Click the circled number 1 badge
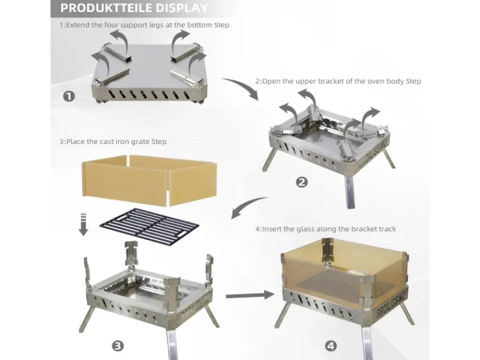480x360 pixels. [x=69, y=97]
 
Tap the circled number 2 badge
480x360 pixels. [x=302, y=182]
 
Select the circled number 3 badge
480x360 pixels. [x=118, y=346]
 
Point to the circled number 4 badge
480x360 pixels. [x=331, y=346]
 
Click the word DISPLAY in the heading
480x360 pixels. [x=181, y=8]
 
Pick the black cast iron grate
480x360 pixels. [x=149, y=227]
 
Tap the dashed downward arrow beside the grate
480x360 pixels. [x=83, y=224]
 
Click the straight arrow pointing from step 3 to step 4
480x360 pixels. [x=250, y=295]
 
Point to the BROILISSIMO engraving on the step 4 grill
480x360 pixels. [x=392, y=304]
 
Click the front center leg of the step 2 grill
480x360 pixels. [x=351, y=192]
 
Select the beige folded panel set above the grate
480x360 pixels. [x=149, y=179]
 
